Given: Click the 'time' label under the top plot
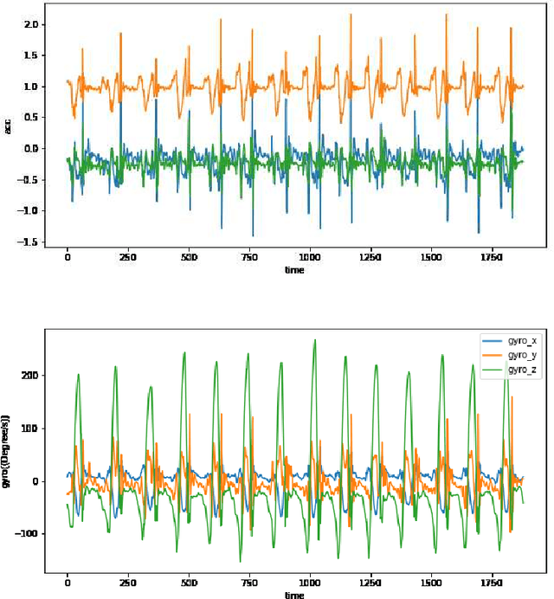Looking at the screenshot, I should pos(295,270).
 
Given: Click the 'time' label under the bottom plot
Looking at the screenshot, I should pos(295,595).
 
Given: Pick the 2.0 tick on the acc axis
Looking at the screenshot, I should pos(32,24).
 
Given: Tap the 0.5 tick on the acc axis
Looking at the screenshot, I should pos(32,118).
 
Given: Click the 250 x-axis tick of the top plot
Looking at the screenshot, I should pos(128,258).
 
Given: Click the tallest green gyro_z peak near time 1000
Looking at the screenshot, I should pos(315,340).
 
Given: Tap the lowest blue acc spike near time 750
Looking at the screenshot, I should pos(253,235).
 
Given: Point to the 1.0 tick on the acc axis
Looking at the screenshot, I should pos(32,87).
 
